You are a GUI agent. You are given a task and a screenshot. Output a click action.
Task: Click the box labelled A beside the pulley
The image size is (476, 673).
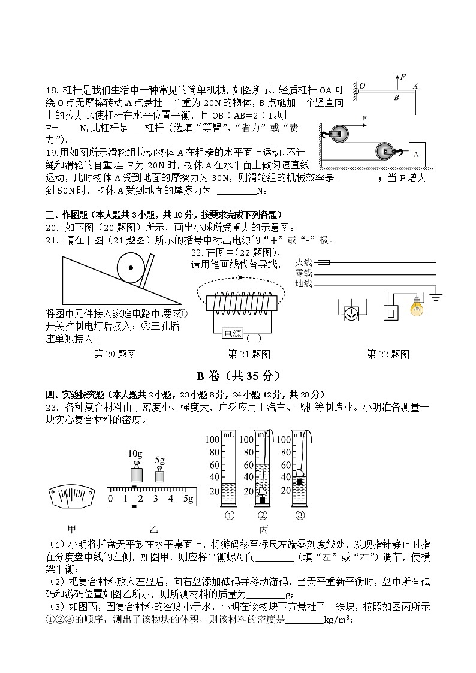pos(416,154)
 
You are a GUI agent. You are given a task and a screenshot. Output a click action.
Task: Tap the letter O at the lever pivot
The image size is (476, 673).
pos(362,85)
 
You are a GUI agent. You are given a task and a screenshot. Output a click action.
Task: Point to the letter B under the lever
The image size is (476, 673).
pos(396,97)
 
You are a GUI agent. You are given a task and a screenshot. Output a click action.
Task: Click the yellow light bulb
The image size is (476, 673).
pos(415,307)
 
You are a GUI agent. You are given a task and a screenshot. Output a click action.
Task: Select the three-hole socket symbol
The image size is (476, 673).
pos(351,313)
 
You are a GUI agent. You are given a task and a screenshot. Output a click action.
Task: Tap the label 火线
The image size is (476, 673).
pos(304,262)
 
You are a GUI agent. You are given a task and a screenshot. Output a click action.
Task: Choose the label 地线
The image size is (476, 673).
pos(304,283)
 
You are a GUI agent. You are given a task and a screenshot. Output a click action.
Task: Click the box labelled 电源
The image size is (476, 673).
pos(232,334)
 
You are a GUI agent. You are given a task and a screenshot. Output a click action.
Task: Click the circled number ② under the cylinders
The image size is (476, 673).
pos(263,515)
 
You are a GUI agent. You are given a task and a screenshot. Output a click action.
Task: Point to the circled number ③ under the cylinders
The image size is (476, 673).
pos(299,515)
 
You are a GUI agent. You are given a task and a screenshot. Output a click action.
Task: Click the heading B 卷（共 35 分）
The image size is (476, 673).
pos(238,376)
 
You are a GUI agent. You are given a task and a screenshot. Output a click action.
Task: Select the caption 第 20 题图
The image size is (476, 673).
pos(115,354)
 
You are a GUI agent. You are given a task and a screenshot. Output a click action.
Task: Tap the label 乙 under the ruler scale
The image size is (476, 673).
pos(153,529)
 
